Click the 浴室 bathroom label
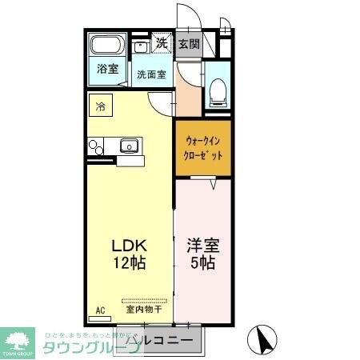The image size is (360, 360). pos(107,69)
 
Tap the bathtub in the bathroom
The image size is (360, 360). pos(107,46)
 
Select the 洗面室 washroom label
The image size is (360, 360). pos(150,75)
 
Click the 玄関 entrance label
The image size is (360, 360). pos(189,44)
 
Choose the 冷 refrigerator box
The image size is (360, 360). pos(102,105)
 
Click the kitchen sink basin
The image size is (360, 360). pos(129,146)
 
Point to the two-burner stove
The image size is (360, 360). pos(95,146)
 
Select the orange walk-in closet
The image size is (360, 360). pos(203,146)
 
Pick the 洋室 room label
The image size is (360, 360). pos(202,245)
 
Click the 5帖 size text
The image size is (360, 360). pos(202,262)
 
